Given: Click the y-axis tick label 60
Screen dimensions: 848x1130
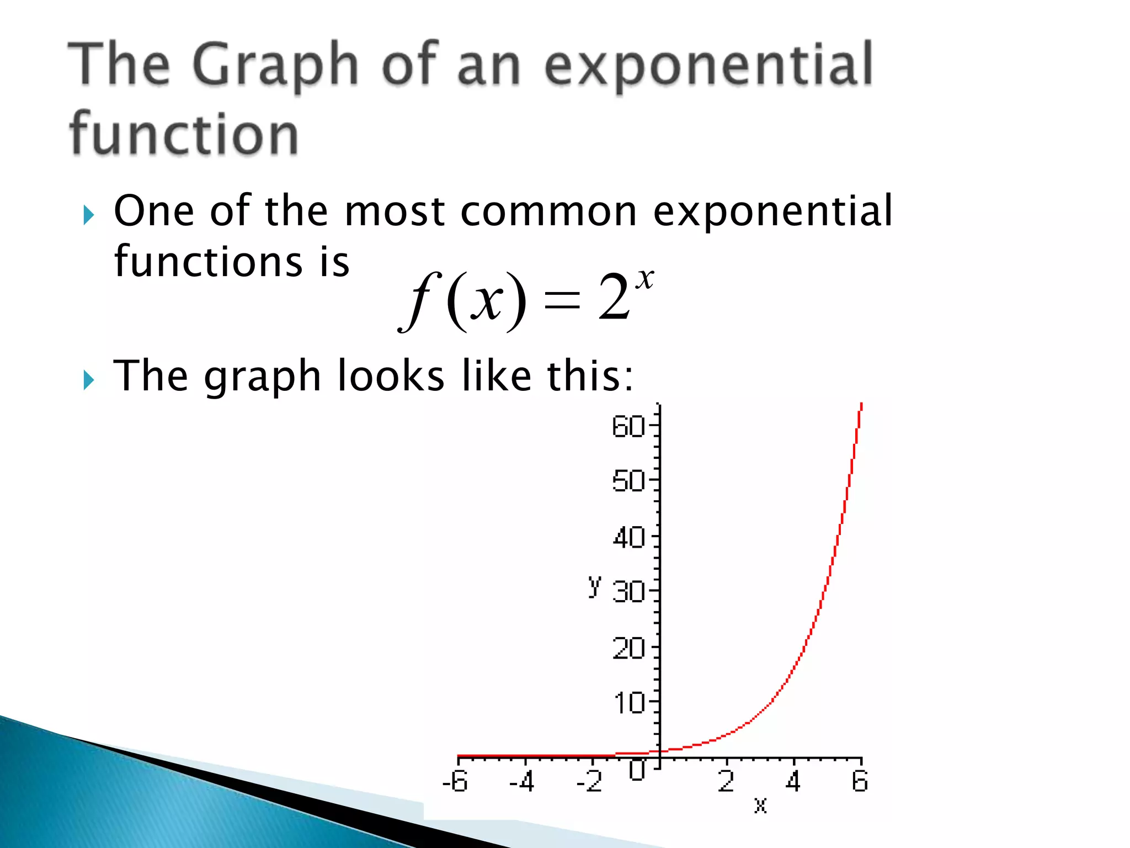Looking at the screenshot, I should pyautogui.click(x=628, y=427).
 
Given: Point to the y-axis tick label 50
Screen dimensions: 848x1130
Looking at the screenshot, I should pyautogui.click(x=628, y=481).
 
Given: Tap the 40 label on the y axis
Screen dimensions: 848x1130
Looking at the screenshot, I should pyautogui.click(x=628, y=537).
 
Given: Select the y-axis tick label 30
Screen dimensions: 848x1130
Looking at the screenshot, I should pyautogui.click(x=628, y=592).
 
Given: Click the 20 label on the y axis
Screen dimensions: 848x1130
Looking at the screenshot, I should pyautogui.click(x=628, y=648).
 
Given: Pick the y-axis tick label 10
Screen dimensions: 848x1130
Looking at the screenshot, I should pyautogui.click(x=628, y=703).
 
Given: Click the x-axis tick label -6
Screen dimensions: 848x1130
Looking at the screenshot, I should pyautogui.click(x=455, y=781).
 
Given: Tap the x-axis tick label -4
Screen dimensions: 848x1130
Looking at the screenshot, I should pyautogui.click(x=522, y=781).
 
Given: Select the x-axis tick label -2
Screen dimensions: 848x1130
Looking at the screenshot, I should pyautogui.click(x=589, y=781).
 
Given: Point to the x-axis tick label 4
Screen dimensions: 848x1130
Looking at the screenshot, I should pyautogui.click(x=793, y=781).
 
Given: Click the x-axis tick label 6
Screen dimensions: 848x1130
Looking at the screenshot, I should pyautogui.click(x=860, y=781).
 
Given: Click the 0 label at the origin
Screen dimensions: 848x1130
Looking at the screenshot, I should pyautogui.click(x=637, y=770).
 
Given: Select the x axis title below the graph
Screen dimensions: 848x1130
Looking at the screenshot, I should pyautogui.click(x=760, y=805).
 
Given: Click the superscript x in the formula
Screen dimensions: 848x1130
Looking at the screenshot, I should pyautogui.click(x=644, y=279).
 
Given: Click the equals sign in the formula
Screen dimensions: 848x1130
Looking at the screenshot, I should pyautogui.click(x=562, y=301).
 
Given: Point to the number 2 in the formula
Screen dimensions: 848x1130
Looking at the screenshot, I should pyautogui.click(x=614, y=298).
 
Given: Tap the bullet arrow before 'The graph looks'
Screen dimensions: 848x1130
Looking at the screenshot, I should pyautogui.click(x=89, y=380).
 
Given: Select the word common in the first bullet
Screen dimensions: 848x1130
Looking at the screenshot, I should pyautogui.click(x=548, y=211).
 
